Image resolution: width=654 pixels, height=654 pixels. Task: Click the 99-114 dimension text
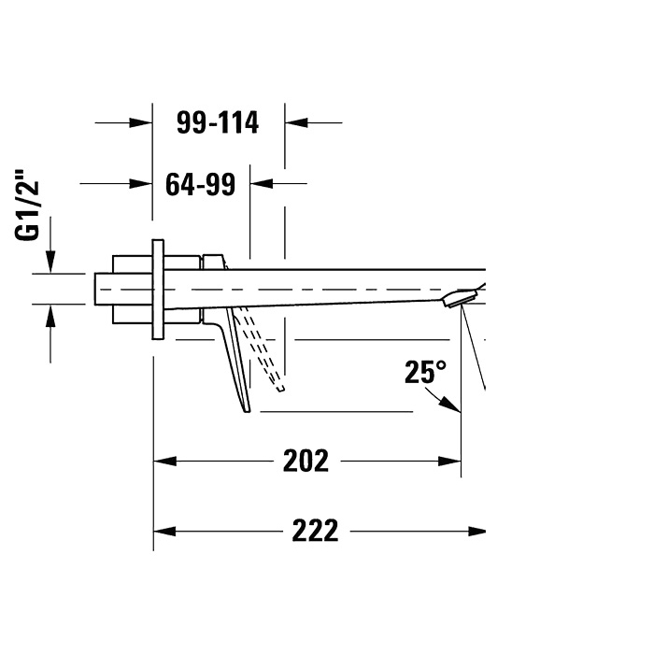[218, 122]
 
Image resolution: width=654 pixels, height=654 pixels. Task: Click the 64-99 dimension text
[201, 184]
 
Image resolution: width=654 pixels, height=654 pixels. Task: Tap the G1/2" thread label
[27, 205]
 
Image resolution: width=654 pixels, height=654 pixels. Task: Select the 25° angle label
[425, 372]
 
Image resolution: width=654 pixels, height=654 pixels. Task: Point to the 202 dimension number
[306, 461]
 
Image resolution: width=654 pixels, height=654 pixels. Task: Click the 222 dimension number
[315, 531]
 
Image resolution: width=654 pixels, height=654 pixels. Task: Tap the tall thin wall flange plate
[158, 290]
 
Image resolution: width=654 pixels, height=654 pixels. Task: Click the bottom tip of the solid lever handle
[247, 412]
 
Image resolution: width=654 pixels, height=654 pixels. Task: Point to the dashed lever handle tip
[280, 390]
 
